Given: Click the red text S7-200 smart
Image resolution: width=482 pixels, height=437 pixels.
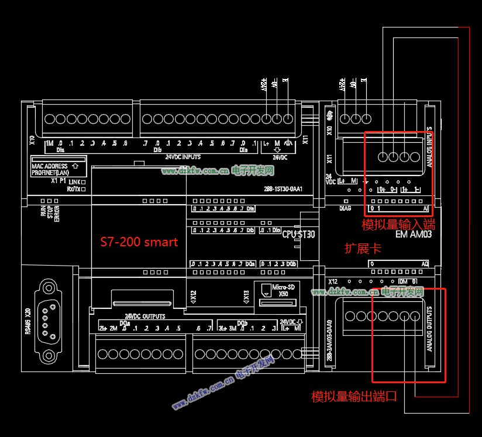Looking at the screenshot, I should [139, 242].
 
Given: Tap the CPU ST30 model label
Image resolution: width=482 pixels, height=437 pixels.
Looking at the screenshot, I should [299, 234].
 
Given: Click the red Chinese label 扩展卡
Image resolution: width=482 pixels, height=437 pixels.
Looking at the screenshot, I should [363, 249].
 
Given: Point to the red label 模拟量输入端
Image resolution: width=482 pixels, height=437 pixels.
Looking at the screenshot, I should [398, 225].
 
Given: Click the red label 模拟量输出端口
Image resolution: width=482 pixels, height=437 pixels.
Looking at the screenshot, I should [354, 397].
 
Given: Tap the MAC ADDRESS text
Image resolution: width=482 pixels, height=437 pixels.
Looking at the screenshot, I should [49, 166].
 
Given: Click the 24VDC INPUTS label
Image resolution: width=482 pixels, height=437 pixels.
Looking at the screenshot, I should [183, 157].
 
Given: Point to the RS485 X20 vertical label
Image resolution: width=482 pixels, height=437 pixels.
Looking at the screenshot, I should [27, 322].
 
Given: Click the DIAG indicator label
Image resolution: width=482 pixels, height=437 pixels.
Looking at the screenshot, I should [345, 208].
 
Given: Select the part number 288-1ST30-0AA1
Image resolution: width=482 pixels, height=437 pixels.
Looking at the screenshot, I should [283, 189].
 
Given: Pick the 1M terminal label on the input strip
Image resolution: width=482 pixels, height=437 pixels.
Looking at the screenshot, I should [49, 143].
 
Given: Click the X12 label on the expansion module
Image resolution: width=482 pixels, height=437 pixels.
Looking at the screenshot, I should [333, 281].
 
